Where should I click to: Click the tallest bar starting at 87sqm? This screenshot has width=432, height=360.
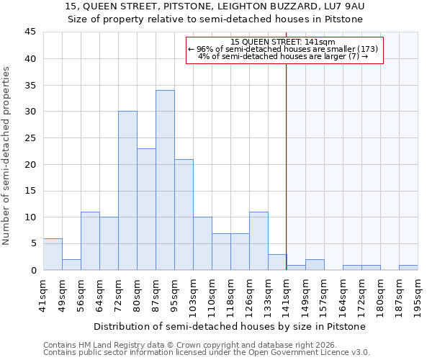tap(165, 180)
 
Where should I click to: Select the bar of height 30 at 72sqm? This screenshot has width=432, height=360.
tap(127, 191)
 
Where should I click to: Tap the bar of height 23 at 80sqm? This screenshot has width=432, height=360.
tap(146, 209)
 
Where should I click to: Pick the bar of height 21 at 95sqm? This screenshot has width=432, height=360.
tap(184, 215)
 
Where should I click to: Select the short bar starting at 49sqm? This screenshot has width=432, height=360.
tap(71, 264)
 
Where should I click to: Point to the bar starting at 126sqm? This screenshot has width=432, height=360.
tap(258, 241)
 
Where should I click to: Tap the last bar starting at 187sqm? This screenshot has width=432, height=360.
tap(408, 267)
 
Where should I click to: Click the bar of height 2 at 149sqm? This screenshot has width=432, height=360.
tap(315, 264)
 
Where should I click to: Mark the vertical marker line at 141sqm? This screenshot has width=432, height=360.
tap(287, 158)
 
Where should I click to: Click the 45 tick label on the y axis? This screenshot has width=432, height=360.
tap(30, 32)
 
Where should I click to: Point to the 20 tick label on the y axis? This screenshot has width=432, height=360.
tap(30, 164)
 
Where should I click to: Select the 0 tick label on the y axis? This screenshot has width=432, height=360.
tap(33, 270)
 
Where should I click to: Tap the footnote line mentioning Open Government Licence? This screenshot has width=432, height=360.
tap(207, 353)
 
